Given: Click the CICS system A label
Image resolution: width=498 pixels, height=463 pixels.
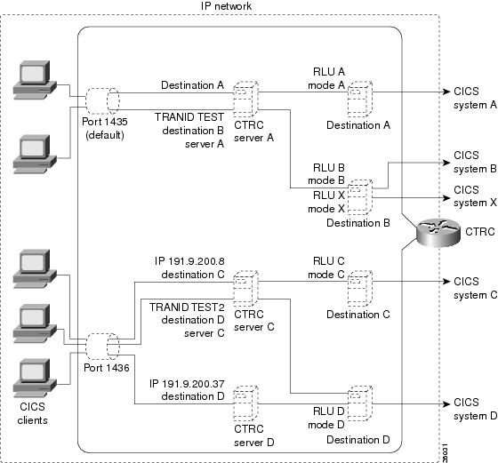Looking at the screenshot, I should coord(467,98).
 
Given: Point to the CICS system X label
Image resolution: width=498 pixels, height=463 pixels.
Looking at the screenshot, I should coord(467,196).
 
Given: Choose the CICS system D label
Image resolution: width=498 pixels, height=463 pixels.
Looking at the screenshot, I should coord(467,409).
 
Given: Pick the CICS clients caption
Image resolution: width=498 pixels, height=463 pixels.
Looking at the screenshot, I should coord(33,414).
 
